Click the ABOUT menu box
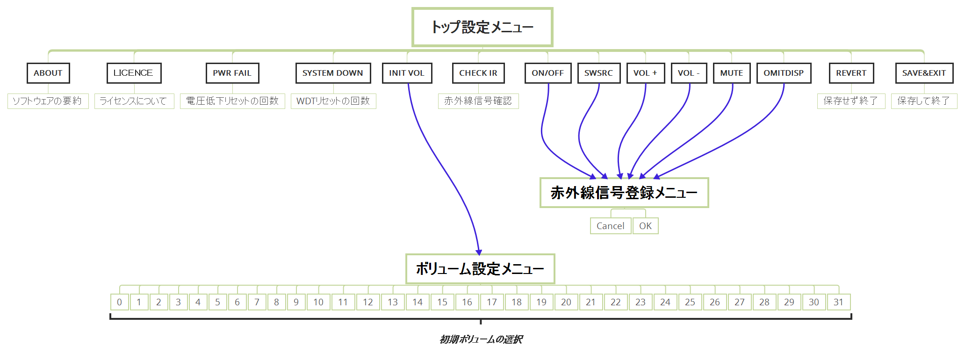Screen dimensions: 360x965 point(48,73)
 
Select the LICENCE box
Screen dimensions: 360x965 point(134,73)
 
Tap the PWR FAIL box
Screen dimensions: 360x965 point(232,73)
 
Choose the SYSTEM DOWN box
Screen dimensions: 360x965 point(333,73)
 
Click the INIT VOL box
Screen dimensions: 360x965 point(407,73)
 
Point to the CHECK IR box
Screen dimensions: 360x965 point(478,73)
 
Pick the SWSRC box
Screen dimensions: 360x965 point(598,73)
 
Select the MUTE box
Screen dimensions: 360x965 point(732,73)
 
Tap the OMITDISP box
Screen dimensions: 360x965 point(784,73)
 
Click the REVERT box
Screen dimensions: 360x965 point(851,73)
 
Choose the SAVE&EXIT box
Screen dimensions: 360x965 point(924,73)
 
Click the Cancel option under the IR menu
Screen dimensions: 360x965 point(611,226)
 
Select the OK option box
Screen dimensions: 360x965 point(645,226)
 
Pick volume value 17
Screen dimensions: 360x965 point(492,302)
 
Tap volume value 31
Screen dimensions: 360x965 point(839,302)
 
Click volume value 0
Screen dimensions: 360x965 point(120,302)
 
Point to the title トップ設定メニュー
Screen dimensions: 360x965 point(482,27)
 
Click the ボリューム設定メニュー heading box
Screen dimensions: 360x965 point(480,269)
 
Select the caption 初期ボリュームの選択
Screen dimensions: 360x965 point(481,339)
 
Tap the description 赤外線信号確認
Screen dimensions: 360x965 point(478,101)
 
